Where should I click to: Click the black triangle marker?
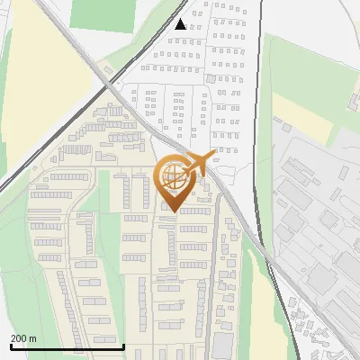[x=181, y=24]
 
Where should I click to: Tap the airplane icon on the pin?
[x=198, y=164]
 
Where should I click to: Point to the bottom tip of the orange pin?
[x=173, y=211]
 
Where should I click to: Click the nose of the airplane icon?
[x=215, y=154]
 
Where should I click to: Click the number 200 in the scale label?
[x=19, y=339]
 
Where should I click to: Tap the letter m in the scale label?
[x=33, y=339]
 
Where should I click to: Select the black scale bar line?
[x=67, y=346]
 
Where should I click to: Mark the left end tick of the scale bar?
[x=11, y=345]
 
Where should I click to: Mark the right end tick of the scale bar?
[x=123, y=345]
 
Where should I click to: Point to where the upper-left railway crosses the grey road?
[x=106, y=82]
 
